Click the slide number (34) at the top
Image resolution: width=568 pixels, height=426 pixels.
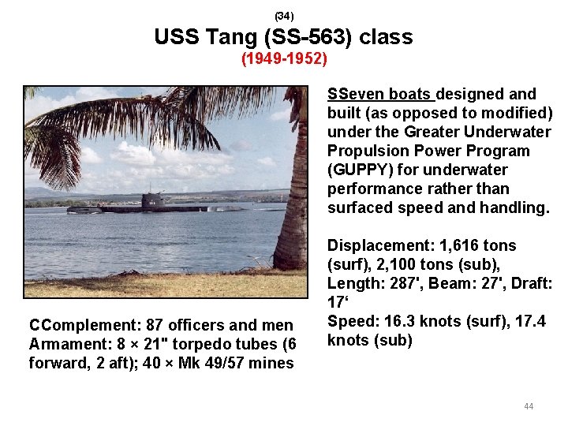(283, 15)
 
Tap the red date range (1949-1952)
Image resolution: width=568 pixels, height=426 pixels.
(283, 60)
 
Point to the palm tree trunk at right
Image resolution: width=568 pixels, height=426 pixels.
(293, 197)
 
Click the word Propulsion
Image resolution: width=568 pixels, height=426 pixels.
(368, 151)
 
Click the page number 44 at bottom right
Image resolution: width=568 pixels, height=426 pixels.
(528, 406)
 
